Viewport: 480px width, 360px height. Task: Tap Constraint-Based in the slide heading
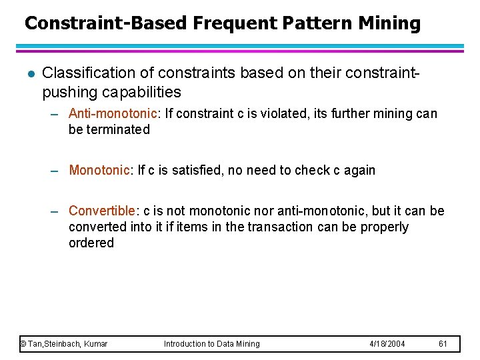(106, 24)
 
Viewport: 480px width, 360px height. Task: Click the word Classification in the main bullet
(83, 73)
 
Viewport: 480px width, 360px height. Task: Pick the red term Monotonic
(99, 170)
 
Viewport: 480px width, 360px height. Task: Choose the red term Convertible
(102, 211)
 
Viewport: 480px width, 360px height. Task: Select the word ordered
(91, 243)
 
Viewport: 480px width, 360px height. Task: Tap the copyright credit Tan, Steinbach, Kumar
(64, 344)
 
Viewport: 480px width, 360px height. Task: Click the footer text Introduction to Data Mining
(212, 344)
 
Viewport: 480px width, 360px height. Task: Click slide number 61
(443, 344)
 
